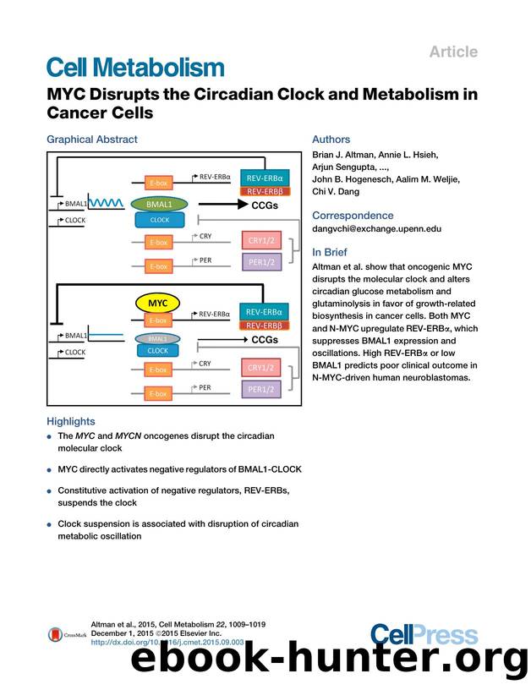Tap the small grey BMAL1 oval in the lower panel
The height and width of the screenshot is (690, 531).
pos(157,338)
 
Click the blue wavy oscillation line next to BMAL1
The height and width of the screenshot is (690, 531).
pos(106,204)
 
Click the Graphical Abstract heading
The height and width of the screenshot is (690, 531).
pos(91,140)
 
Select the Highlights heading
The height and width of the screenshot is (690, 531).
pos(71,421)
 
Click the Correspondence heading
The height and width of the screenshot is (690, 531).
pos(353,216)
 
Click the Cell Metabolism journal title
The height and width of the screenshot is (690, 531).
pos(135,68)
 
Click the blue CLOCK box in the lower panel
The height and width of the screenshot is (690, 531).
pos(158,350)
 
